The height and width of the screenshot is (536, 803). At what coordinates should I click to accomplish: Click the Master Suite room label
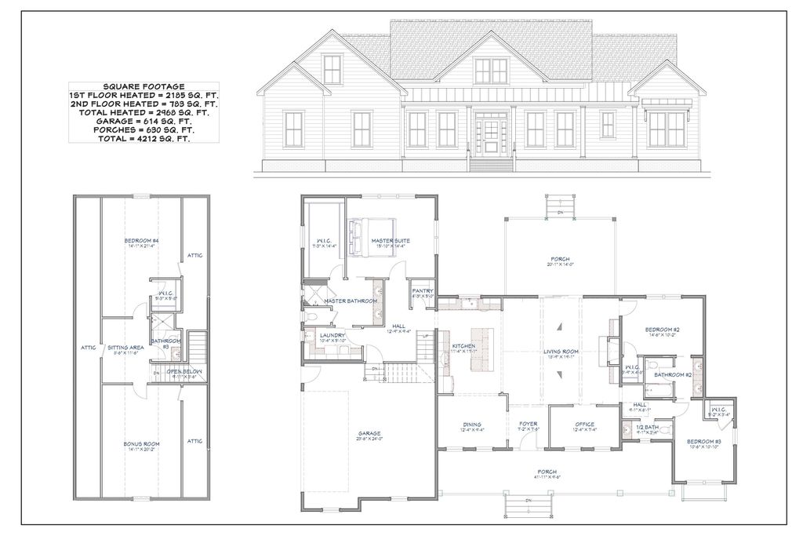(391, 240)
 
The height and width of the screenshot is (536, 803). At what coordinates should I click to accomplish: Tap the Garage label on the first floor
(369, 433)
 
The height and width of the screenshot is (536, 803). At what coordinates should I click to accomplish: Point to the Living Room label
(561, 352)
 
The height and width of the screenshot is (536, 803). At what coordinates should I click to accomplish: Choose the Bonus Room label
(141, 445)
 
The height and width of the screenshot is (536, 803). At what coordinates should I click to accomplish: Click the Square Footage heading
(143, 86)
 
